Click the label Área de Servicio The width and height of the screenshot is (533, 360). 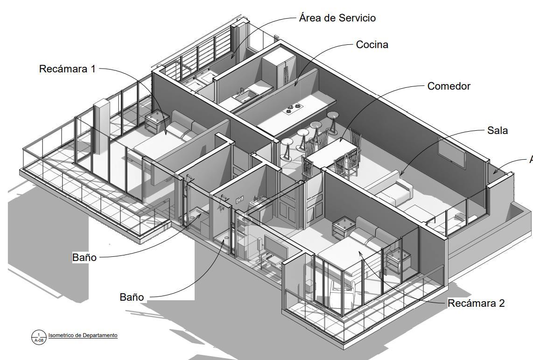point(337,18)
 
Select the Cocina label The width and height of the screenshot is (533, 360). point(372,45)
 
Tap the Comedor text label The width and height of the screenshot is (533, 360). point(449,86)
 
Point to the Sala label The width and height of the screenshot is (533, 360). point(497,131)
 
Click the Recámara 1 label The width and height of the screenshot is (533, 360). point(67,69)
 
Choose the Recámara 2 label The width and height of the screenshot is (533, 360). point(476,304)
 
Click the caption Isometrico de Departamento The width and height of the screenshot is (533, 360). point(83,335)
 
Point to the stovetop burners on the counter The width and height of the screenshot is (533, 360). point(294,109)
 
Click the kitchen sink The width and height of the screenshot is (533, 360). point(244,97)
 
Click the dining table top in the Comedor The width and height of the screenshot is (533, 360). point(332,152)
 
